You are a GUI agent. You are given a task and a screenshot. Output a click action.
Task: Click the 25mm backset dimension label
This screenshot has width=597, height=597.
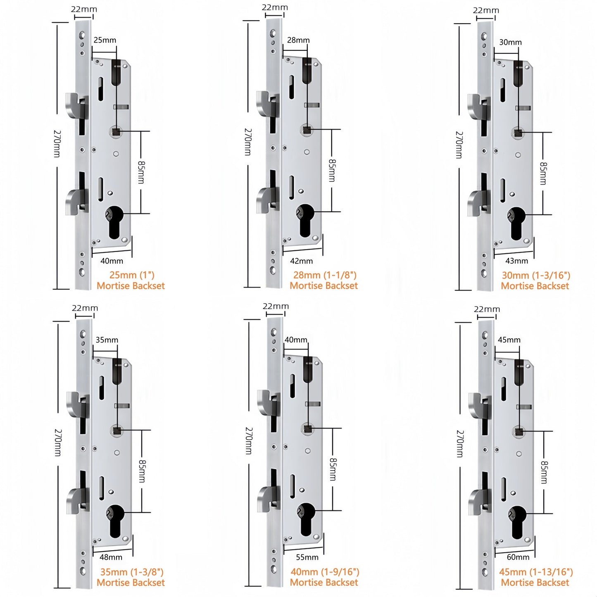[105, 40]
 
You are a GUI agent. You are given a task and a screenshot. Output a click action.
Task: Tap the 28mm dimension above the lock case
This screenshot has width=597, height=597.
[298, 40]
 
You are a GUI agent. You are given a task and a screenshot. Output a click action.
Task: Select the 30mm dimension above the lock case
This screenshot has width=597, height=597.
[510, 42]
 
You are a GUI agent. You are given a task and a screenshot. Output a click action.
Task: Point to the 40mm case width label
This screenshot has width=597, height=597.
[112, 261]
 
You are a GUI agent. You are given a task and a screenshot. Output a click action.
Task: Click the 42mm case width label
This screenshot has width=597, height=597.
[301, 261]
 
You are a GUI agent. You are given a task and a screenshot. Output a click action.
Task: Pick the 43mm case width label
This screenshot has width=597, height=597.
[516, 261]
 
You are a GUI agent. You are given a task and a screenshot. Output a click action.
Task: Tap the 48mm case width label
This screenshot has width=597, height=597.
[111, 557]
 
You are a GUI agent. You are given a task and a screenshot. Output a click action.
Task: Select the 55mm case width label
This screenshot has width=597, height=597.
[307, 557]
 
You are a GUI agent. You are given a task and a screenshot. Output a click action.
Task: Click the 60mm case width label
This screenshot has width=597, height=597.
[518, 557]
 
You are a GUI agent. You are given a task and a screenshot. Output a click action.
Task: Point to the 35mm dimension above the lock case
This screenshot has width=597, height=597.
[107, 340]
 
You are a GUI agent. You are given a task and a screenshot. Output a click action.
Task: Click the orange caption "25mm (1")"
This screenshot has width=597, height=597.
[132, 275]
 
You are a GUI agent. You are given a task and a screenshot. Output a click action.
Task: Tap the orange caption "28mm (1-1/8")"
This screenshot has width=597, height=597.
[325, 275]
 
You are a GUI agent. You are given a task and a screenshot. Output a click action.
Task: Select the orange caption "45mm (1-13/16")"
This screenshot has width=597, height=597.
[536, 572]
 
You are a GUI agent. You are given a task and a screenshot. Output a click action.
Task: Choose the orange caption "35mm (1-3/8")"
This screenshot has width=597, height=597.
[132, 572]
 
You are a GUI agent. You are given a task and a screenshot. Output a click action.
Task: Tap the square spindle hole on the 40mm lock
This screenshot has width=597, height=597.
[308, 429]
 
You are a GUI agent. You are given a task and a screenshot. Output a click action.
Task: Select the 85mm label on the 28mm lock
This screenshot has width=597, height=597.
[332, 170]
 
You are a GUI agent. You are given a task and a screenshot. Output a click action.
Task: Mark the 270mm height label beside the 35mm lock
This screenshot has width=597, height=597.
[57, 442]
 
